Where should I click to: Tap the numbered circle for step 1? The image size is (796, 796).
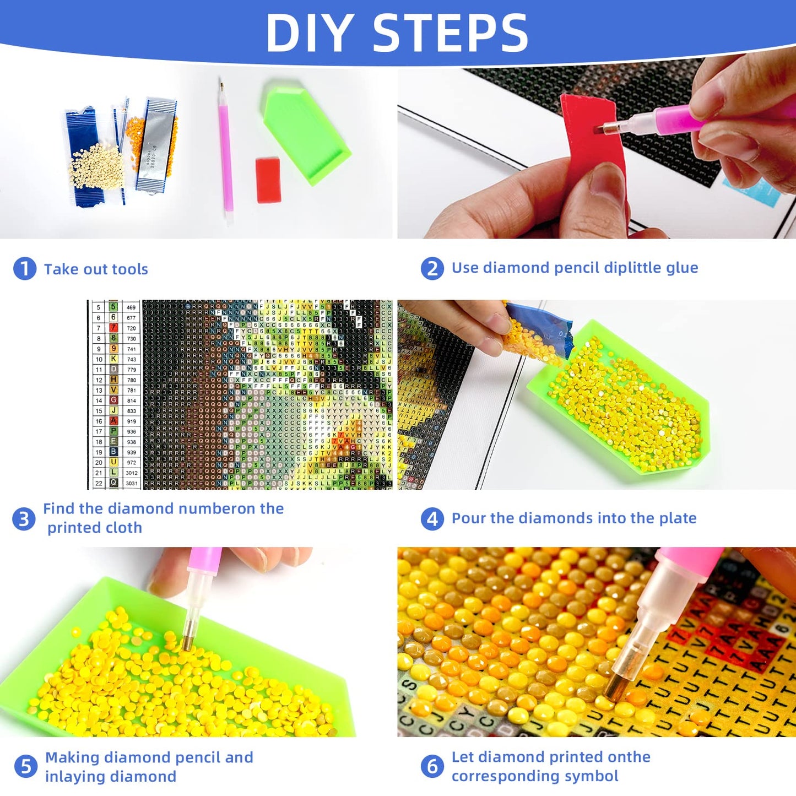[24, 269]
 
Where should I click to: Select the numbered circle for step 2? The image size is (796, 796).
[432, 268]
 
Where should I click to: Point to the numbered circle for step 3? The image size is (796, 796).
[24, 518]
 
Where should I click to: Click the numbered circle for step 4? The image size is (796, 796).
[432, 518]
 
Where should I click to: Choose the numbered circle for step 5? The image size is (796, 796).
[25, 767]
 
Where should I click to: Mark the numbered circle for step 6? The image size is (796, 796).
[432, 766]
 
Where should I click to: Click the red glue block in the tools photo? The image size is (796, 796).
[268, 180]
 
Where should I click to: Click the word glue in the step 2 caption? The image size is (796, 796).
[682, 268]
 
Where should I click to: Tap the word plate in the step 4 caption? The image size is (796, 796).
[679, 518]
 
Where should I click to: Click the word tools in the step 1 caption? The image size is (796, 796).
[129, 269]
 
